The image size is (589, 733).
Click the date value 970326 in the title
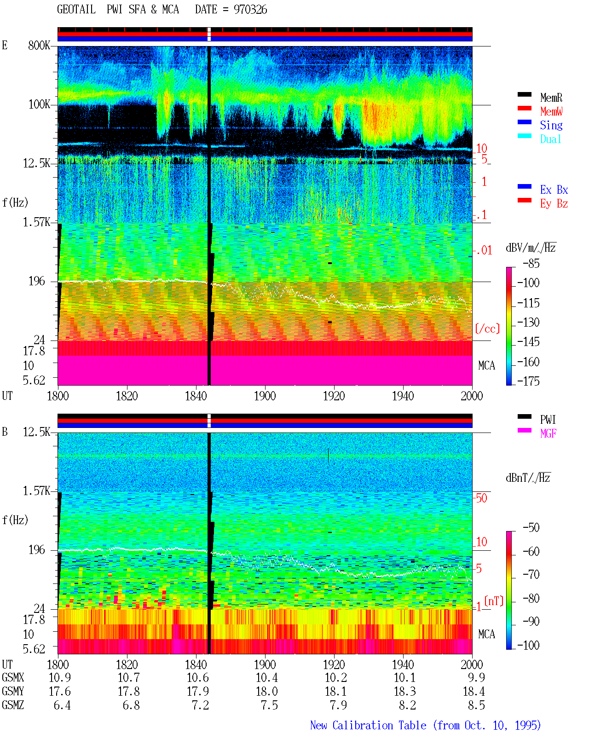(250, 10)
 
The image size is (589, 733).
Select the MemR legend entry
(551, 98)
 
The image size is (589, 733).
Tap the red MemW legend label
(551, 111)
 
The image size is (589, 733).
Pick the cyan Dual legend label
(550, 139)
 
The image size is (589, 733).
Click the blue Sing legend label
(551, 125)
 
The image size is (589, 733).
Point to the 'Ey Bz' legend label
(554, 203)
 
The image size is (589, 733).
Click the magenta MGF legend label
(548, 433)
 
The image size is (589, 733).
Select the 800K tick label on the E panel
(39, 45)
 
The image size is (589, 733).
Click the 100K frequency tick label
(39, 104)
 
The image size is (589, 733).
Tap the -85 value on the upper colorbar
(531, 263)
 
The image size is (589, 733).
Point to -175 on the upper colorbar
(528, 381)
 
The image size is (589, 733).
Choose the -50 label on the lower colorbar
(531, 527)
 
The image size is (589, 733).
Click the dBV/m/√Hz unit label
(531, 248)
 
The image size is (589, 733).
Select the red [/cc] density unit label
(487, 329)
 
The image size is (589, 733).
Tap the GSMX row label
(13, 678)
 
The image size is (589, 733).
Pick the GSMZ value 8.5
(476, 705)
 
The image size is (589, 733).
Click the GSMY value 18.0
(267, 692)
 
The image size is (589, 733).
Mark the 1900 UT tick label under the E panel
(265, 396)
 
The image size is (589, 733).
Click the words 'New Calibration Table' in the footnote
(368, 726)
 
